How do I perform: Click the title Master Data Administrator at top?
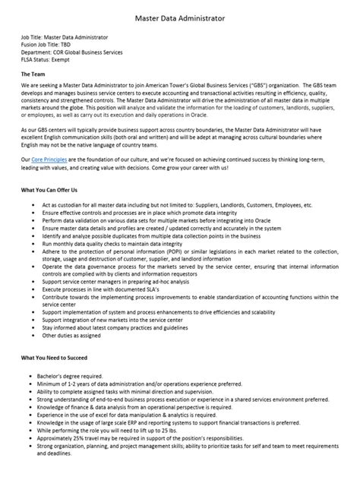click(179, 15)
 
